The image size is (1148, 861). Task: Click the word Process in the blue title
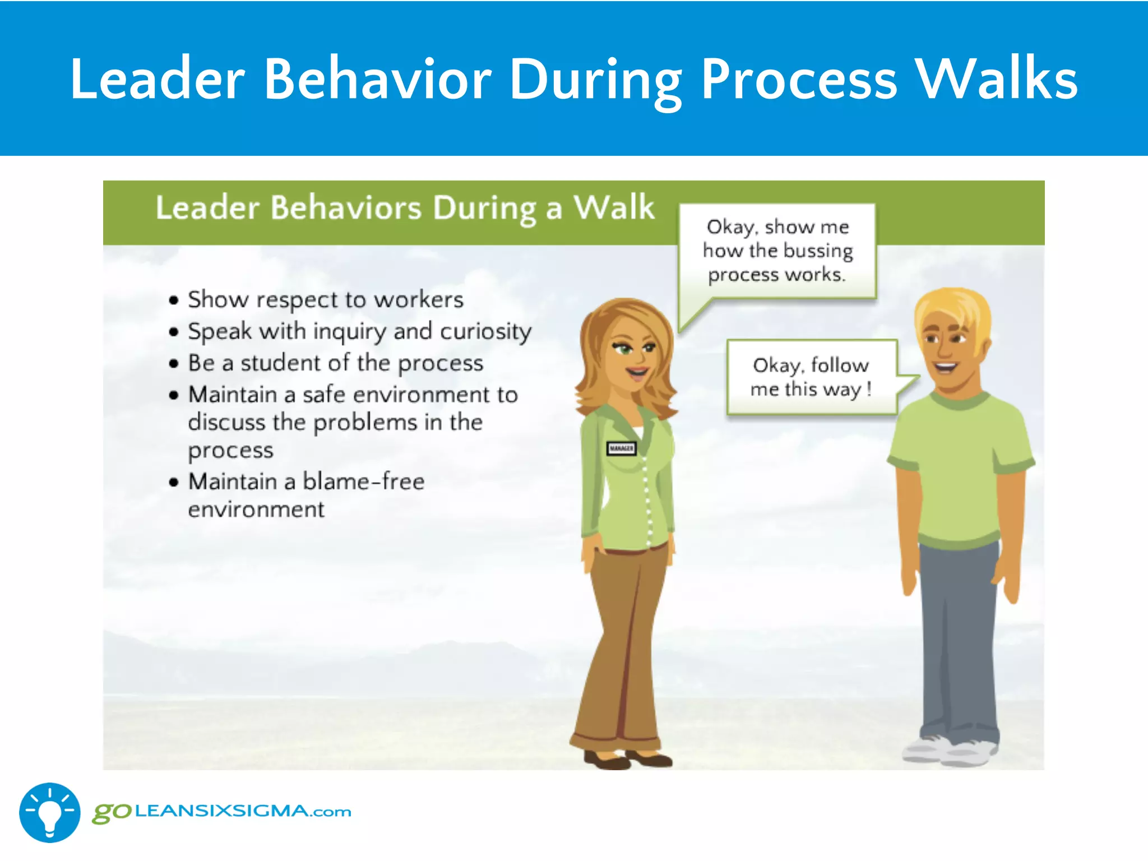coord(799,80)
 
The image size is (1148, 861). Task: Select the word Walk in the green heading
coord(614,207)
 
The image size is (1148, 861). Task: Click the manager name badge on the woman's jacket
coord(621,448)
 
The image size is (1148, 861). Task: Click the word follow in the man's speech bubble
coord(840,365)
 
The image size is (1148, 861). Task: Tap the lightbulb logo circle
coord(49,812)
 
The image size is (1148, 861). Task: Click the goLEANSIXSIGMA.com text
coord(222,812)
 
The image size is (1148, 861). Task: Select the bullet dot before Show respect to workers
coord(174,300)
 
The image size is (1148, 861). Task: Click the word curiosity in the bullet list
coord(485,332)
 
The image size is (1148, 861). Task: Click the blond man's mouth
coord(946,368)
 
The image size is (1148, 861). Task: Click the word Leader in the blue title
coord(158,80)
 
